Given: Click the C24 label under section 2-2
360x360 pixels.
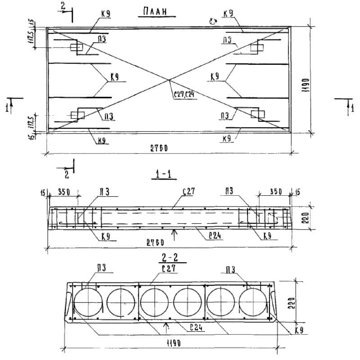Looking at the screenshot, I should [x=195, y=328].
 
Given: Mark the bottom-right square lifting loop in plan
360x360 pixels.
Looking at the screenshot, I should [x=256, y=114].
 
